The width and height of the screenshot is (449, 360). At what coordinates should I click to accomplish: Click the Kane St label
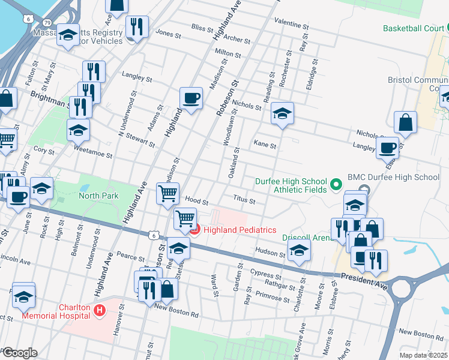point(265,145)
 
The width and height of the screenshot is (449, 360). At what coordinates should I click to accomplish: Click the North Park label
point(98,196)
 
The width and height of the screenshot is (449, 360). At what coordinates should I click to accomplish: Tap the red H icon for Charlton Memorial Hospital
point(100,310)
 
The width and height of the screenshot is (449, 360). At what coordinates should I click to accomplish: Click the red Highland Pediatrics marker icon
point(194,229)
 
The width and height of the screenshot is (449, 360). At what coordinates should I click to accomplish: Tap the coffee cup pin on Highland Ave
point(191,98)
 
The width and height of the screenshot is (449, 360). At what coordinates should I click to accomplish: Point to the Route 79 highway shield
point(38,22)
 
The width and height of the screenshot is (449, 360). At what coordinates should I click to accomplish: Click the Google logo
point(20,353)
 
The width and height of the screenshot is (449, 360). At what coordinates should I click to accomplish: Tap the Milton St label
point(228,54)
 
